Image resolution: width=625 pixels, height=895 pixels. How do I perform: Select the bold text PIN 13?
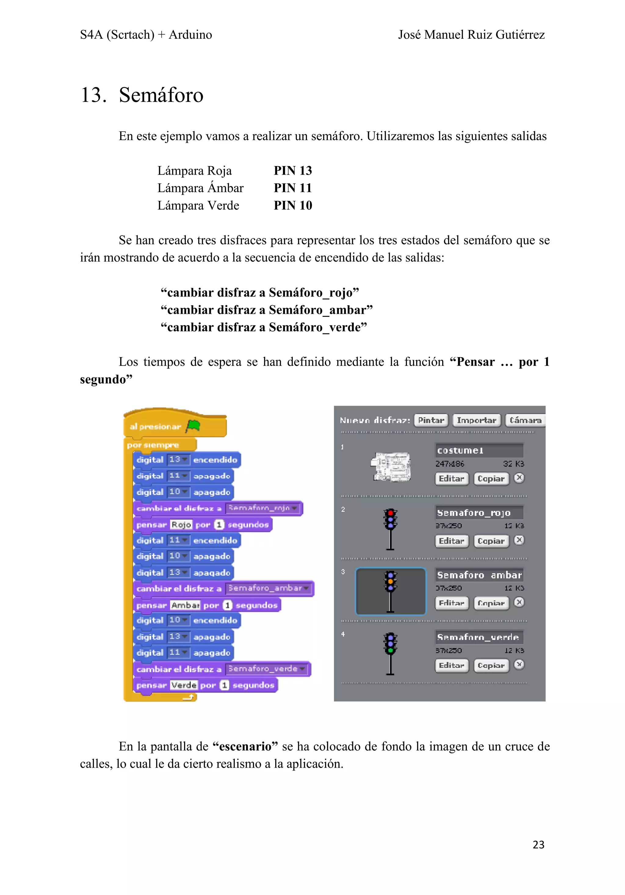(x=293, y=171)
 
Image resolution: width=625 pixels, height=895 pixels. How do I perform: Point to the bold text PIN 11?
(x=293, y=188)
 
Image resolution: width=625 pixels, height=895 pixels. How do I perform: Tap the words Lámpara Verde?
(x=198, y=205)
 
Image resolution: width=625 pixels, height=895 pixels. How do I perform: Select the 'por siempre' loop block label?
(x=153, y=445)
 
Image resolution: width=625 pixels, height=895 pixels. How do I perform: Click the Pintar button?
(x=431, y=420)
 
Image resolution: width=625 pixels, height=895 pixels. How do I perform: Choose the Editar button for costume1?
(x=451, y=479)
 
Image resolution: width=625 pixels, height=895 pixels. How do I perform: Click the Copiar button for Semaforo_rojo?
(x=491, y=541)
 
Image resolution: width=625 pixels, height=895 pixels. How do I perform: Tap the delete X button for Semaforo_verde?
(x=519, y=664)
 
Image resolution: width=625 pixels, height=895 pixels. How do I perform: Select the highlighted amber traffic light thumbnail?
(x=390, y=591)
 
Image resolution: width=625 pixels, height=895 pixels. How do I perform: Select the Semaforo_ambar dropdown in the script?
(x=269, y=588)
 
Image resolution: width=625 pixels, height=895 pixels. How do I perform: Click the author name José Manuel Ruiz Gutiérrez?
(x=471, y=35)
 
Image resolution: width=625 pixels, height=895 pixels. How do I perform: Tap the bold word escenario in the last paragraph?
(x=245, y=746)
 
